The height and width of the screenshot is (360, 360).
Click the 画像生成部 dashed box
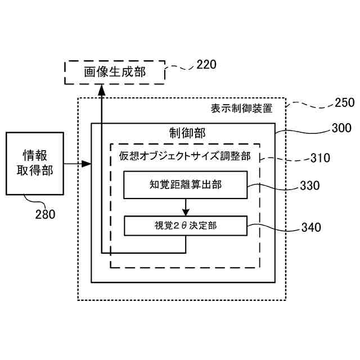click(115, 73)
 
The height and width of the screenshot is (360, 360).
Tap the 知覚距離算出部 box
click(185, 185)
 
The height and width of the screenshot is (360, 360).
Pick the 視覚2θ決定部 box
click(185, 226)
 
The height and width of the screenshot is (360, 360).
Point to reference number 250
click(344, 102)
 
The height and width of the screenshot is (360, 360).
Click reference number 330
click(310, 186)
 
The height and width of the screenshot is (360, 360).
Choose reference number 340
click(311, 227)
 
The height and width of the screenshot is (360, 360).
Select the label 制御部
click(187, 132)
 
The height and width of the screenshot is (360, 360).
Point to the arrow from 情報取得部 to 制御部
click(77, 164)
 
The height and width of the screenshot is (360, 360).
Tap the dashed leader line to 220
click(180, 69)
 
